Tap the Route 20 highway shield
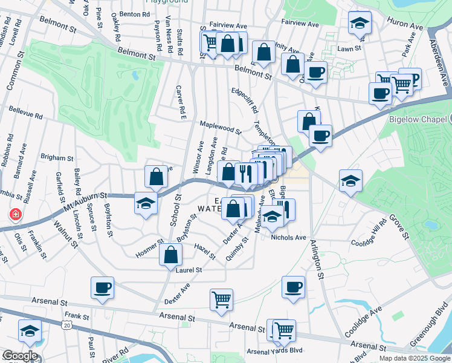click(66, 326)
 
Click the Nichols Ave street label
click(289, 238)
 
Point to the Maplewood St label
click(221, 126)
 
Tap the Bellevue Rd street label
click(26, 113)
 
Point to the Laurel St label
click(189, 270)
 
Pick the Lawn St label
click(349, 48)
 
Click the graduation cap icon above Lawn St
click(360, 24)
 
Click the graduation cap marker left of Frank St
click(29, 330)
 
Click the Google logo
click(20, 356)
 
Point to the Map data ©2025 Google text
click(414, 358)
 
